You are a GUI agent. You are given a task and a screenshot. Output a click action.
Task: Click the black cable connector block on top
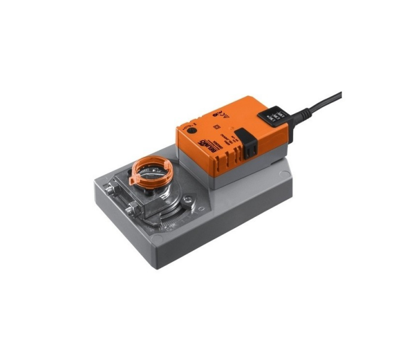274,115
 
